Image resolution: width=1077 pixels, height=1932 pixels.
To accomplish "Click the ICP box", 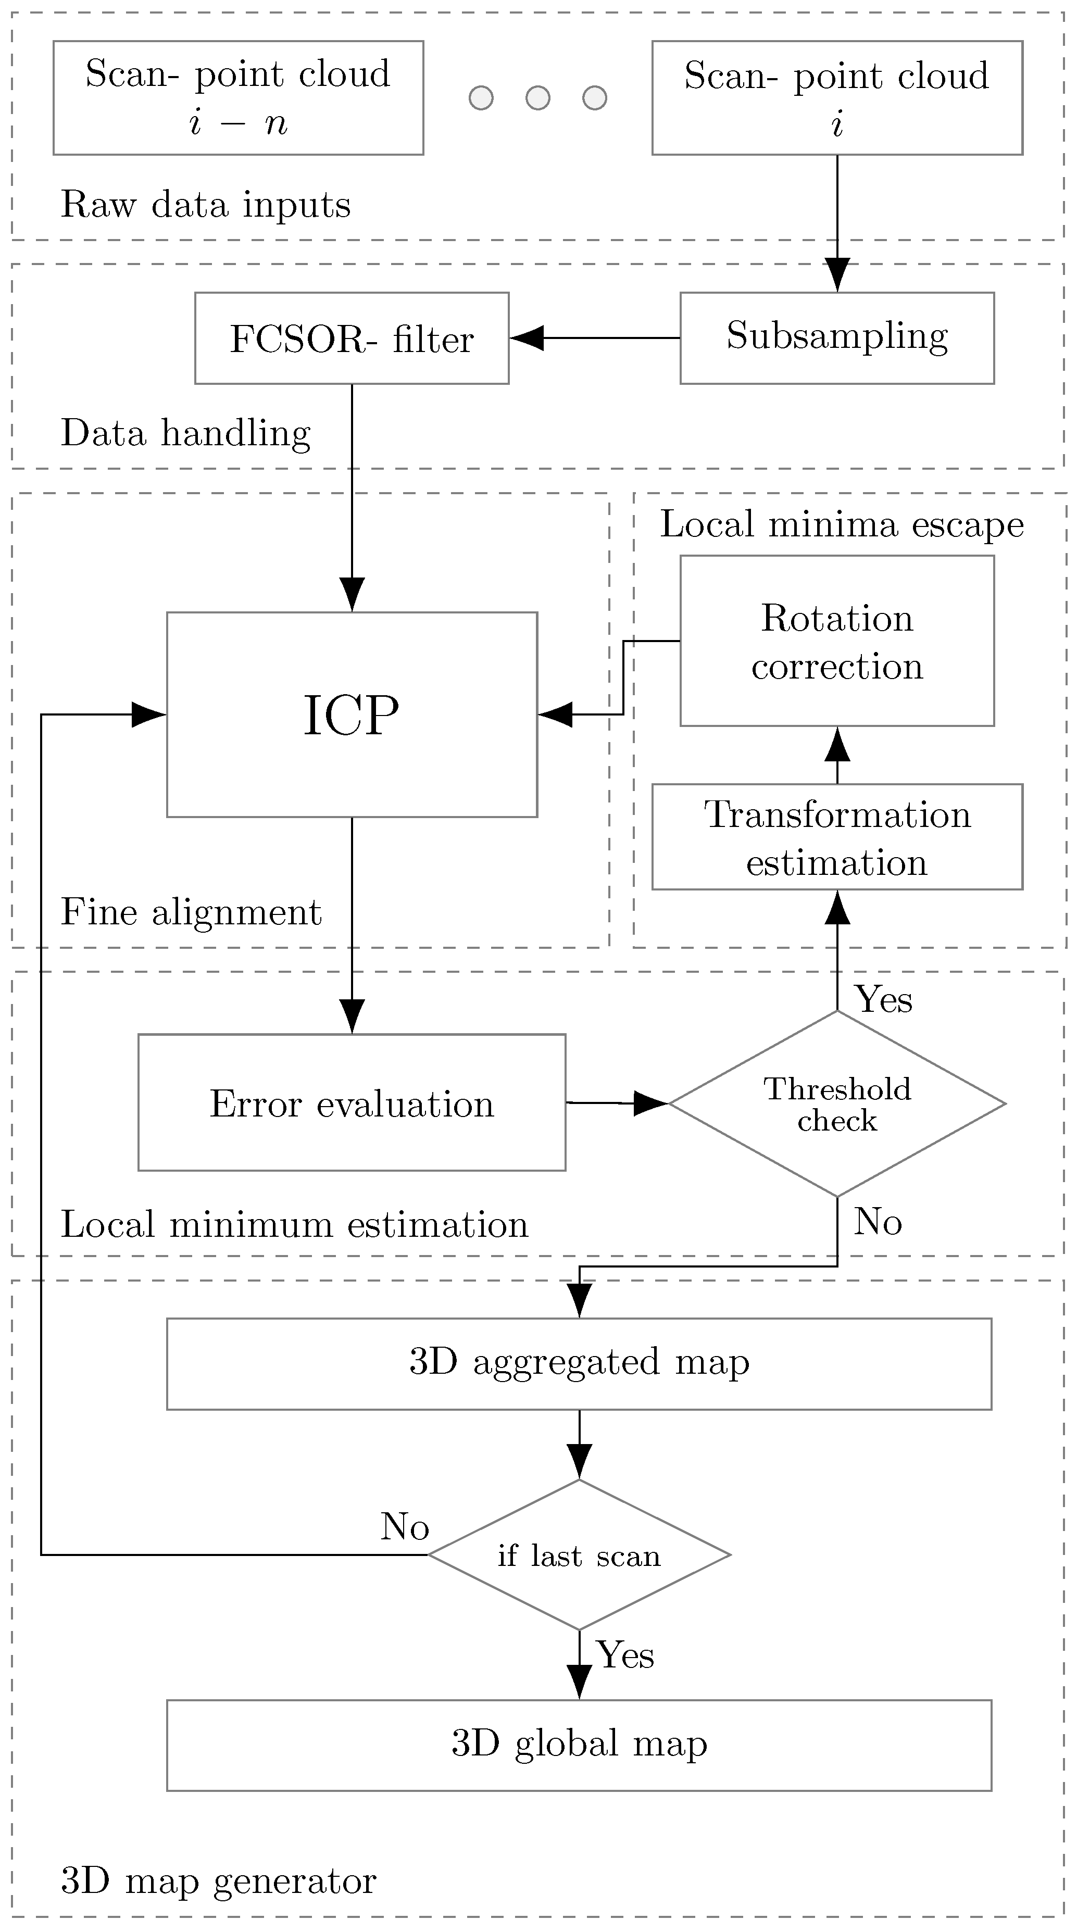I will [x=352, y=714].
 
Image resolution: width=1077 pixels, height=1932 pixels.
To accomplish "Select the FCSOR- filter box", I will [x=352, y=338].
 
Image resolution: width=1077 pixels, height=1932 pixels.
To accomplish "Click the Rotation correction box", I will [x=837, y=641].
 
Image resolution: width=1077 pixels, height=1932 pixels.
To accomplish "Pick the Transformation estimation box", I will [x=837, y=836].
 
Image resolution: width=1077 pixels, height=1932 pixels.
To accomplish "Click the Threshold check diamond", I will [x=837, y=1103].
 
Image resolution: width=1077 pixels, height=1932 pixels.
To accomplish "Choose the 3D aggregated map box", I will [x=579, y=1363].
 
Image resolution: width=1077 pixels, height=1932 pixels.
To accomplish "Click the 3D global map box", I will [x=579, y=1745].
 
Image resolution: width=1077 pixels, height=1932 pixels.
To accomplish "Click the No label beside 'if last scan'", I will [x=404, y=1526].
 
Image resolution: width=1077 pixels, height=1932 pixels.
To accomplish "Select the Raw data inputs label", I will [x=206, y=204].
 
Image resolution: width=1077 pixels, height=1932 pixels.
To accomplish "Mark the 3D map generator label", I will [x=218, y=1880].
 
